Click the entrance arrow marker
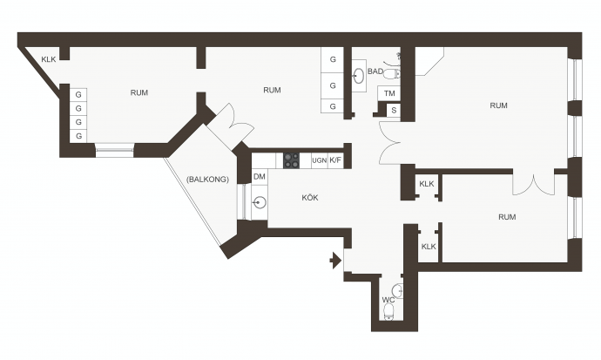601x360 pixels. [335, 261]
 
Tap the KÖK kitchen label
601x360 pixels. [310, 198]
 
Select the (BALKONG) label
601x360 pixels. [207, 179]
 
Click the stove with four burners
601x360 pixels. [291, 160]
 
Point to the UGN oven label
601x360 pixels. [320, 160]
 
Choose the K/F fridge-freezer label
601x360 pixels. [335, 160]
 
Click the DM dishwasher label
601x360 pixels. [260, 176]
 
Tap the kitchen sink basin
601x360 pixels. [260, 202]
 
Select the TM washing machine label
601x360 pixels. [389, 93]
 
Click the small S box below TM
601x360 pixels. [394, 111]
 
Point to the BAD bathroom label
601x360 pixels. [375, 71]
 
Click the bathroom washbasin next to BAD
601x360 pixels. [359, 75]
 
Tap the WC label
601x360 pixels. [388, 300]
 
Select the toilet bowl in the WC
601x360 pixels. [389, 312]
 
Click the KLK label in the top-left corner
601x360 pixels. [49, 59]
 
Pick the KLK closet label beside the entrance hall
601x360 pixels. [429, 247]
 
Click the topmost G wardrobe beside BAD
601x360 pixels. [333, 59]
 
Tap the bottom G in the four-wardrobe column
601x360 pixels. [78, 136]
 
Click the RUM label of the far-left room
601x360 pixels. [139, 92]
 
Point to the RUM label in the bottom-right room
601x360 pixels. [507, 217]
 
